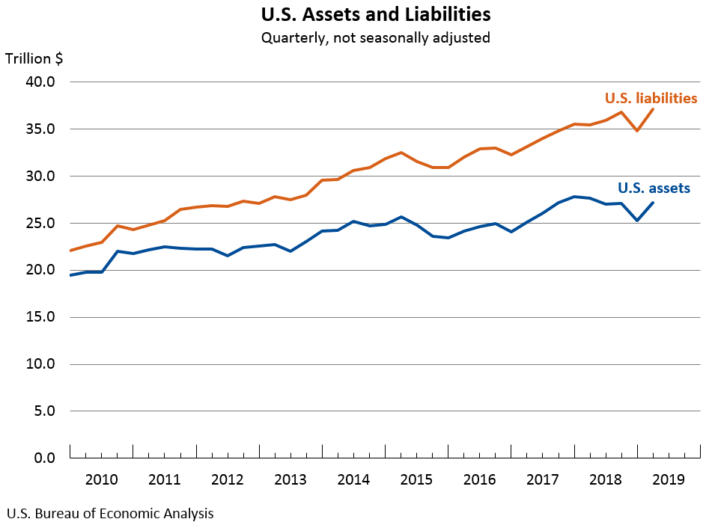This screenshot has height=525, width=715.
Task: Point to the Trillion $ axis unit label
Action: [34, 59]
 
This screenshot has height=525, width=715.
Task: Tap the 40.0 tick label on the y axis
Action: [41, 82]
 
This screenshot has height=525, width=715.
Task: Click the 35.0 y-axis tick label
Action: [41, 129]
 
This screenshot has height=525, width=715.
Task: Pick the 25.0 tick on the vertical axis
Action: [41, 224]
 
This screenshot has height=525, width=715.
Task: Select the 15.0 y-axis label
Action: [41, 317]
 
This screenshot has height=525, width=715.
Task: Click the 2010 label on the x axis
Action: [101, 479]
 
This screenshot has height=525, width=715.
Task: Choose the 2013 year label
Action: [290, 479]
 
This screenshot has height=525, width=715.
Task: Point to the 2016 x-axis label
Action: [480, 479]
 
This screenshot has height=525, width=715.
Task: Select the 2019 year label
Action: [669, 479]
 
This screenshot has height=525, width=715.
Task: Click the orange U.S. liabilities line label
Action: [651, 98]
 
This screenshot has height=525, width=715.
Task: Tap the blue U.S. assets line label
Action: [654, 188]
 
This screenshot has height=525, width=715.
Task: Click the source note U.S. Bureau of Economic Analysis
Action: [110, 514]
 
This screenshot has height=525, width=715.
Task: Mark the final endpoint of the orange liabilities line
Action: [654, 109]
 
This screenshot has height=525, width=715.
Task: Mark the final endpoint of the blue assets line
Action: [654, 203]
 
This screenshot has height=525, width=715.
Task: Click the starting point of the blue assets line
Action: [70, 275]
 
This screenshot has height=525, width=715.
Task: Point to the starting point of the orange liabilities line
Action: [70, 251]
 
